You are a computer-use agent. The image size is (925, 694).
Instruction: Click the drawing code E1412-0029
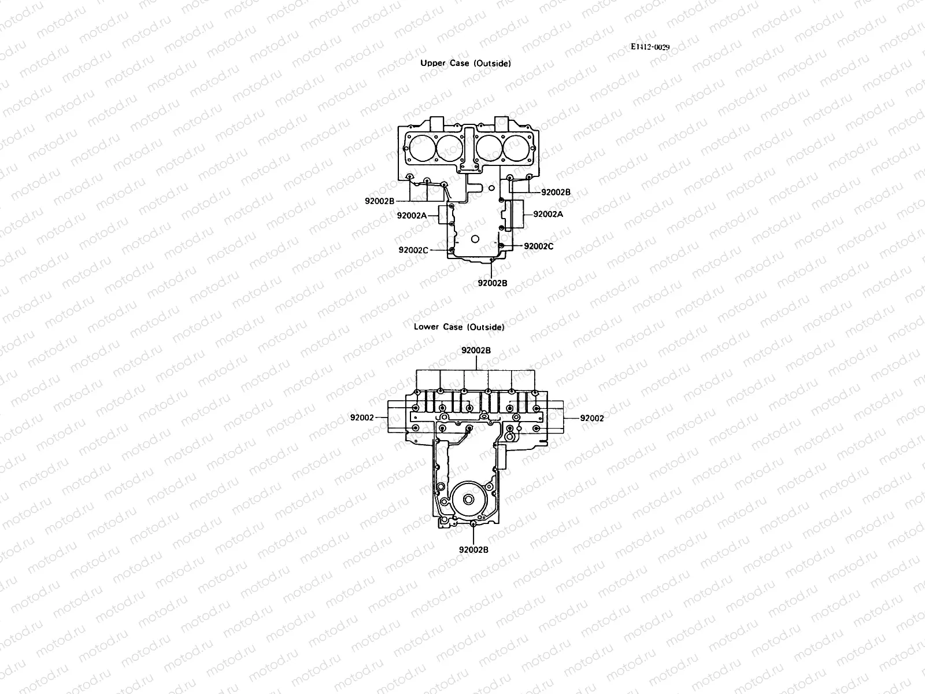pyautogui.click(x=650, y=48)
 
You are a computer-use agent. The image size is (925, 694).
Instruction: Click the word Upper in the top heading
pyautogui.click(x=431, y=64)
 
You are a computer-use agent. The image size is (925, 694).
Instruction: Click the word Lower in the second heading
pyautogui.click(x=426, y=327)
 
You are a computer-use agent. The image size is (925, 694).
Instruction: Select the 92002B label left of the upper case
pyautogui.click(x=379, y=201)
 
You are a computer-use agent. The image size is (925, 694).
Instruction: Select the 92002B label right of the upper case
pyautogui.click(x=556, y=191)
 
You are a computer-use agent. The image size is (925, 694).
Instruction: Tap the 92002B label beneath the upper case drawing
pyautogui.click(x=493, y=283)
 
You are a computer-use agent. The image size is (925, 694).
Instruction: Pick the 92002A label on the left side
pyautogui.click(x=412, y=215)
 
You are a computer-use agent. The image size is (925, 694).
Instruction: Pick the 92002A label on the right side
pyautogui.click(x=547, y=214)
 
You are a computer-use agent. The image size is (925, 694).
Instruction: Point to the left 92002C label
pyautogui.click(x=413, y=250)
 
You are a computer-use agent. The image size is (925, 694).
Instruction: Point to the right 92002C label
pyautogui.click(x=538, y=246)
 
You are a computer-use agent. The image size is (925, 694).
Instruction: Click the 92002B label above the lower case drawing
pyautogui.click(x=476, y=350)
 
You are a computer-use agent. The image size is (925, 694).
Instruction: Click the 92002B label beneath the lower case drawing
pyautogui.click(x=473, y=549)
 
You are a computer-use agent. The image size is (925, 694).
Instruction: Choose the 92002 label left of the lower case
pyautogui.click(x=362, y=418)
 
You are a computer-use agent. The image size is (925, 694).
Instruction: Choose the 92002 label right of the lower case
pyautogui.click(x=592, y=418)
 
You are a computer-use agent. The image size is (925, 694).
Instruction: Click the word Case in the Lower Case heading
pyautogui.click(x=453, y=327)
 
